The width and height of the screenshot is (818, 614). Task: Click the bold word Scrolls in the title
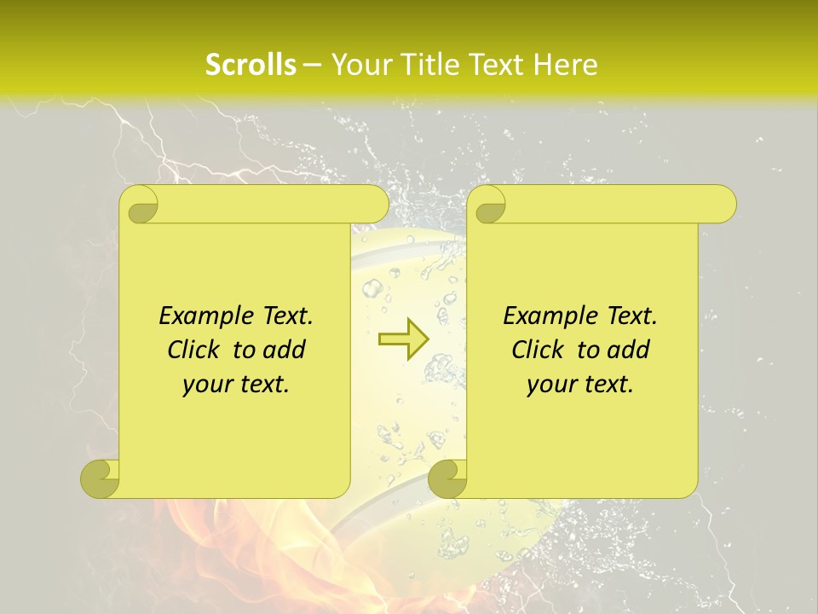coord(251,65)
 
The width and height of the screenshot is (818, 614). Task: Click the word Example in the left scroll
coord(200,316)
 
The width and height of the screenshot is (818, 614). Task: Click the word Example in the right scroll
coord(544,316)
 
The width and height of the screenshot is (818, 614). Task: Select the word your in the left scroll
coord(205,385)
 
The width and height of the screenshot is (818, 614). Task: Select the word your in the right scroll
coord(550,385)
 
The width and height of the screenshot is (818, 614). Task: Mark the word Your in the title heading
coord(357,65)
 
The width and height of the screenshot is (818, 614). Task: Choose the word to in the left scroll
coord(244,350)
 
